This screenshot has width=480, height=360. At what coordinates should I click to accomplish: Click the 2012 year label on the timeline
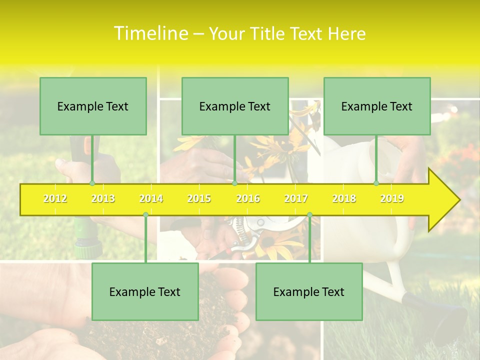tap(55, 198)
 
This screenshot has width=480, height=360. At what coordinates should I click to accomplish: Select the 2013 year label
tap(103, 198)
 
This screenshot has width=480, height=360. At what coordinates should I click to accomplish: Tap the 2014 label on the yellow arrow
tap(151, 198)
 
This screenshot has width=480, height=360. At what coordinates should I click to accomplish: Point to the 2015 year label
tap(199, 198)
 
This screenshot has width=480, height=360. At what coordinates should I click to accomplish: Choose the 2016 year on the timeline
tap(248, 198)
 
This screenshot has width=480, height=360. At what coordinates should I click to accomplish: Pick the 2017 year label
tap(296, 198)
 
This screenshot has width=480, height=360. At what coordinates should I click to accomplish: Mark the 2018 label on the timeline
tap(344, 198)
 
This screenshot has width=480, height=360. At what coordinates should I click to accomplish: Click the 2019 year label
tap(392, 198)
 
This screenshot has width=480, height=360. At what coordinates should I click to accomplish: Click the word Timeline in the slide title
tap(150, 33)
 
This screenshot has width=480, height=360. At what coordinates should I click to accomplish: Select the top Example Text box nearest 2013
tap(93, 106)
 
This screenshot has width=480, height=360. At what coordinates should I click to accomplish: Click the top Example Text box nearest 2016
tap(235, 106)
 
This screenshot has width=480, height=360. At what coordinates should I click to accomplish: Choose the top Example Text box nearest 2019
tap(377, 106)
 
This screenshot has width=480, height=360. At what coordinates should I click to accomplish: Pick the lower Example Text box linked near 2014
tap(145, 291)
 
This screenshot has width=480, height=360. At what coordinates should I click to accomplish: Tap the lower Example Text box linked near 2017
tap(309, 291)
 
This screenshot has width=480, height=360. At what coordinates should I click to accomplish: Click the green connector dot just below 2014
tap(145, 214)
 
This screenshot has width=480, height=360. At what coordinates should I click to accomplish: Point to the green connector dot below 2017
tap(309, 214)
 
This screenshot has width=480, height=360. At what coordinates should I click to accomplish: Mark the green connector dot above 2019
tap(376, 183)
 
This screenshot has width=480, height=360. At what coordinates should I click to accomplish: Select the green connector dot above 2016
tap(234, 183)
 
